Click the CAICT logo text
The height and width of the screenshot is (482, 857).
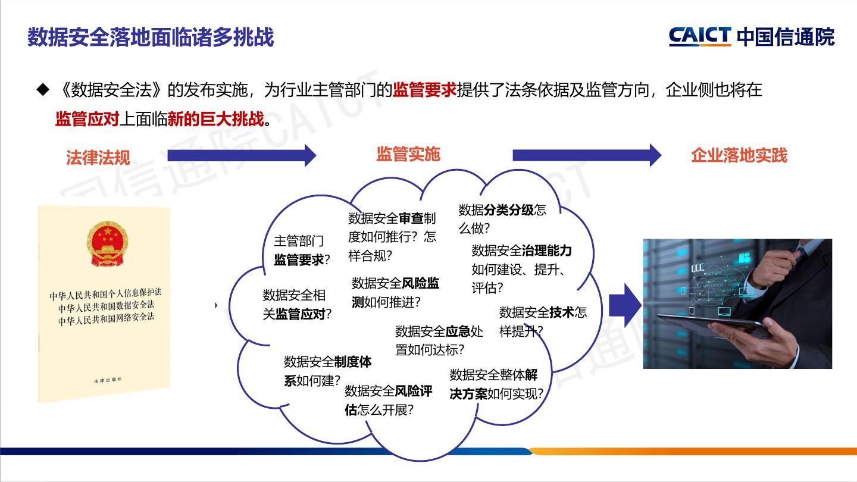(700, 36)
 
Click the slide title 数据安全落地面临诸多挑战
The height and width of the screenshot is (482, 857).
(151, 37)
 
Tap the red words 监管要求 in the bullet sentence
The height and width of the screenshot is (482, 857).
(424, 90)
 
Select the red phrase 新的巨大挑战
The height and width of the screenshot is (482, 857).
(215, 118)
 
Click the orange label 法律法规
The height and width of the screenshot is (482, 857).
(98, 158)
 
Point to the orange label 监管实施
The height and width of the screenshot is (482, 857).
(408, 154)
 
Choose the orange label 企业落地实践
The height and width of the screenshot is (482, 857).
(739, 155)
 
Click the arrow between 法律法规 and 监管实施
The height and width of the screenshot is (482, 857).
(242, 155)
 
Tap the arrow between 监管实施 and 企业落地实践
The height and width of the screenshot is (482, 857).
(587, 155)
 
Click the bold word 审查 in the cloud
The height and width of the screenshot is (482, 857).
(411, 218)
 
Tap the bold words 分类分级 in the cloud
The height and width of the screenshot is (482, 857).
(509, 209)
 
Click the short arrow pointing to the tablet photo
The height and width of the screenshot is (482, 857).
(624, 305)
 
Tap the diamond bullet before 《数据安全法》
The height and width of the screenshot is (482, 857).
(42, 90)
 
